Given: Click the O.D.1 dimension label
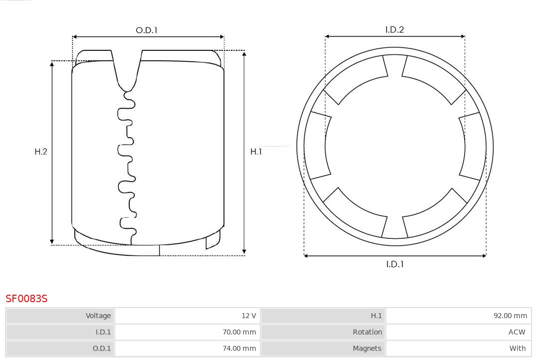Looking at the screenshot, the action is [146, 30].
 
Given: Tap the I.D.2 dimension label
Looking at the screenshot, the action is [394, 29].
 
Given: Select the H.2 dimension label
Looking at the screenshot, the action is [41, 152].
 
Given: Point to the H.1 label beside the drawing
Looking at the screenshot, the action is [256, 152].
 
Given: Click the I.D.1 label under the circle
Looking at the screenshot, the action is [395, 264].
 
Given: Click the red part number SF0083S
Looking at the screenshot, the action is [26, 299].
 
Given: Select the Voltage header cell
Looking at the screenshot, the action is [60, 316].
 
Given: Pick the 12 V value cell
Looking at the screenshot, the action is [187, 316].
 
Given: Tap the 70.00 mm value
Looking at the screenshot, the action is [239, 332].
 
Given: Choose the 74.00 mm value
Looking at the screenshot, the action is [239, 349].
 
